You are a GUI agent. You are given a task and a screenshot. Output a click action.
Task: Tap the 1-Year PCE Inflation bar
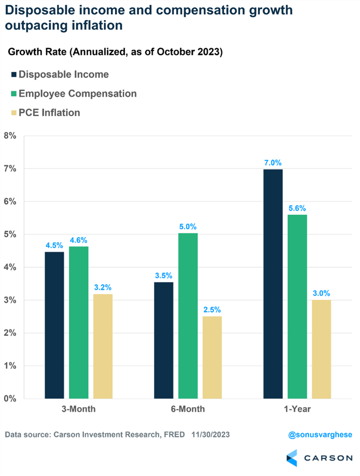(321, 349)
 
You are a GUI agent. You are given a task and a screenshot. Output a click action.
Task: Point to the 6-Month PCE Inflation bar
(212, 357)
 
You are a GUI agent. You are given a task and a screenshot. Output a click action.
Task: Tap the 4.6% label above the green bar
(79, 240)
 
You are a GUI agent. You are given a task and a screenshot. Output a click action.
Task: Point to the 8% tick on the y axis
(10, 136)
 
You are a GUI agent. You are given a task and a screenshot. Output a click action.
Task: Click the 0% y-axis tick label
(10, 398)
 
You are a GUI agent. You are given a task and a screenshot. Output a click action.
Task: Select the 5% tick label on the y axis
(10, 234)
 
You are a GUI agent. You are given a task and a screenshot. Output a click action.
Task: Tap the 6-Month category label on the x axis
(188, 409)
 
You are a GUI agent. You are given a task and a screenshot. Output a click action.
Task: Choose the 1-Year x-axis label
(297, 409)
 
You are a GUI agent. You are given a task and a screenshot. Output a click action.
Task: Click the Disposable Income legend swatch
(14, 75)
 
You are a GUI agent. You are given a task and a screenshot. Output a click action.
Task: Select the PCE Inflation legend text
(49, 112)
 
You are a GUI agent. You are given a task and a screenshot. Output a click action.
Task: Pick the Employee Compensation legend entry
(77, 94)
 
